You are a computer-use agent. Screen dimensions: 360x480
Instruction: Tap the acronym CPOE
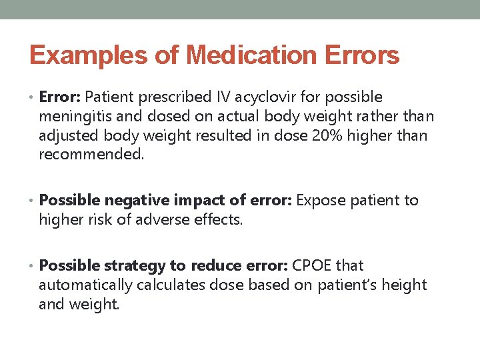point(311,265)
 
